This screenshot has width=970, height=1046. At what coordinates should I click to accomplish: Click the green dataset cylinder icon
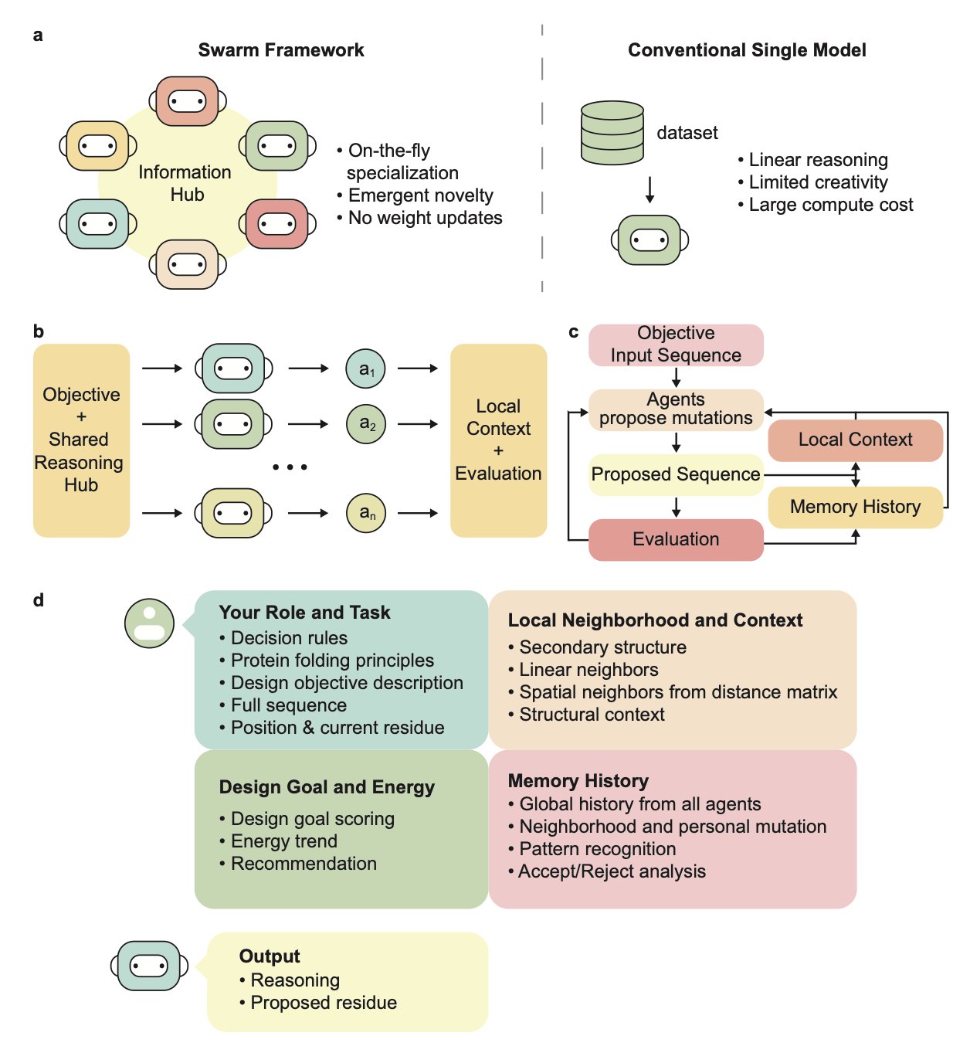coord(612,132)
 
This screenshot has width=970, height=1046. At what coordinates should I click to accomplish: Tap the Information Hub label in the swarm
coord(185,183)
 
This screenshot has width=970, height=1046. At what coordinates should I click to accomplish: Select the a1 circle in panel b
coord(365,369)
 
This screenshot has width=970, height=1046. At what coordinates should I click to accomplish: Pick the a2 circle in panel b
coord(365,424)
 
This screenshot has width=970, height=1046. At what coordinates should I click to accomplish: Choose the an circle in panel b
coord(365,513)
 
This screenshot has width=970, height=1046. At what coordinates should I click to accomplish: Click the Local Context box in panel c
coord(855,440)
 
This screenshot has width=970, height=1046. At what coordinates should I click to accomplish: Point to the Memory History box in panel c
coord(855,507)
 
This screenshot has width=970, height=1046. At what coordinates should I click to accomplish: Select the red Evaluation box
coord(676,539)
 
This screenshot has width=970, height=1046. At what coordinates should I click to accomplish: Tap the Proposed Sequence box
coord(676,474)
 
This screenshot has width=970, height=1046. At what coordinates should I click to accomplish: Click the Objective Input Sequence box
coord(676,345)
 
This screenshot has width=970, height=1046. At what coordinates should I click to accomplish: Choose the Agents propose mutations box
coord(676,409)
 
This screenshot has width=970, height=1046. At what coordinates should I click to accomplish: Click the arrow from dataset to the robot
coord(649,190)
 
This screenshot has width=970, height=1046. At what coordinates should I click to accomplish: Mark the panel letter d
coord(39,600)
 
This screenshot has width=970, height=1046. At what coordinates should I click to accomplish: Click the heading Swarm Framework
coord(281,50)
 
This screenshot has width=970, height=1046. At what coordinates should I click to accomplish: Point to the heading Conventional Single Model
coord(747,50)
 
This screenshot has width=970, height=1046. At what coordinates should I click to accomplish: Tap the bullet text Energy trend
coord(283,841)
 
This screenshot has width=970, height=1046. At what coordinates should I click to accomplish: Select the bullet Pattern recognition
coord(597,849)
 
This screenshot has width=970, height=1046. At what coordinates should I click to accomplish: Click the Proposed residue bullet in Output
coord(324,1003)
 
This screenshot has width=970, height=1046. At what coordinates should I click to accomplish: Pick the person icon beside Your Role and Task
coord(149,623)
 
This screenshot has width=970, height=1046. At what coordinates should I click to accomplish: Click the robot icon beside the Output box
coord(149,966)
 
